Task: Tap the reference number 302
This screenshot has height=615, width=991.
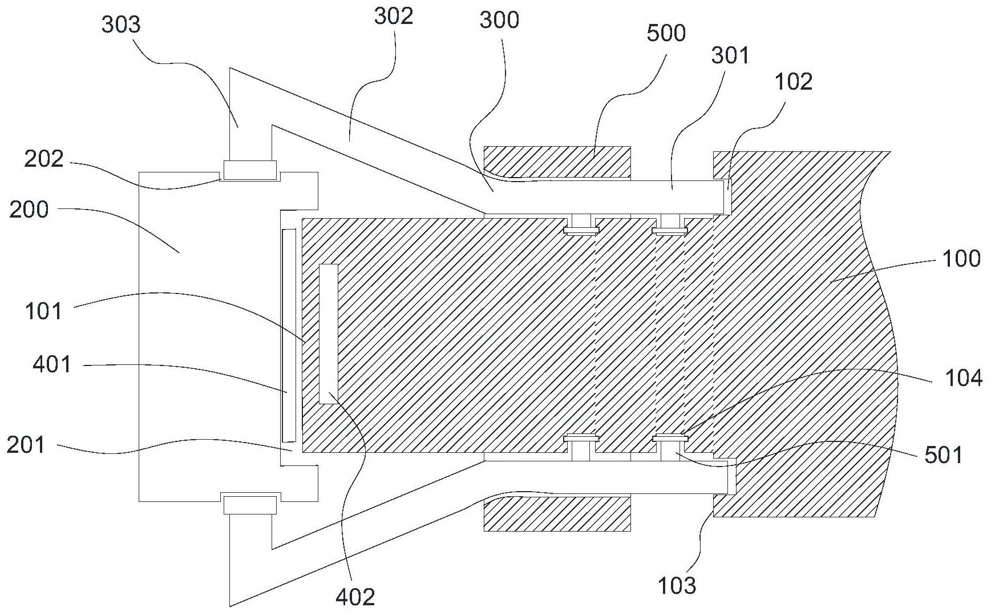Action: pyautogui.click(x=393, y=16)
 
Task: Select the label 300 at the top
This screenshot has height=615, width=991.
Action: pyautogui.click(x=499, y=20)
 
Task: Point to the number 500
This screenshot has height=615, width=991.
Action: pyautogui.click(x=666, y=33)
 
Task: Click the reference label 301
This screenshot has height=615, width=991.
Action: pyautogui.click(x=730, y=55)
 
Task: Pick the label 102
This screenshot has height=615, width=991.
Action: pyautogui.click(x=793, y=82)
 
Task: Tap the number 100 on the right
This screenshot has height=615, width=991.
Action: pyautogui.click(x=961, y=259)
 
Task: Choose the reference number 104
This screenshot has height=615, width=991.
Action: pyautogui.click(x=964, y=378)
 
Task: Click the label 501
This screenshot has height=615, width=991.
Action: pyautogui.click(x=944, y=455)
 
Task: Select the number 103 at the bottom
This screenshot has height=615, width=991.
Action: pyautogui.click(x=677, y=585)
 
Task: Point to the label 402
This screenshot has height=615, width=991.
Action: pyautogui.click(x=356, y=597)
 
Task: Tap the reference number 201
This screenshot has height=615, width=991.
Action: pyautogui.click(x=26, y=444)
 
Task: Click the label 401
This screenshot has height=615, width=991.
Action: pyautogui.click(x=52, y=364)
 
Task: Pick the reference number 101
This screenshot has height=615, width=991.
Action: pyautogui.click(x=43, y=312)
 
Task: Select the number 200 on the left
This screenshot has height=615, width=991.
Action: pyautogui.click(x=29, y=210)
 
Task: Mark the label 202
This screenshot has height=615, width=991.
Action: pyautogui.click(x=43, y=158)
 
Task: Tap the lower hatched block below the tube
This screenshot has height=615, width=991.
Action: pyautogui.click(x=557, y=514)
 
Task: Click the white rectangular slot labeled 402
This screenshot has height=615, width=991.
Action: pyautogui.click(x=328, y=334)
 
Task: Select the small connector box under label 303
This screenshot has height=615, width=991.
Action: pyautogui.click(x=250, y=169)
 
